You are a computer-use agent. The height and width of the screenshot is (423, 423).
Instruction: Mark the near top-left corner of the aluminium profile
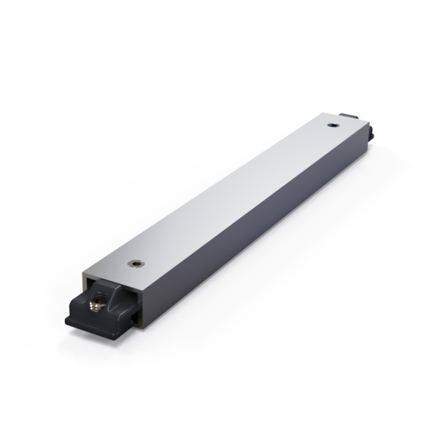[84, 276]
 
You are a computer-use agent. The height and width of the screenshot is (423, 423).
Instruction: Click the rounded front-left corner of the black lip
[67, 319]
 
